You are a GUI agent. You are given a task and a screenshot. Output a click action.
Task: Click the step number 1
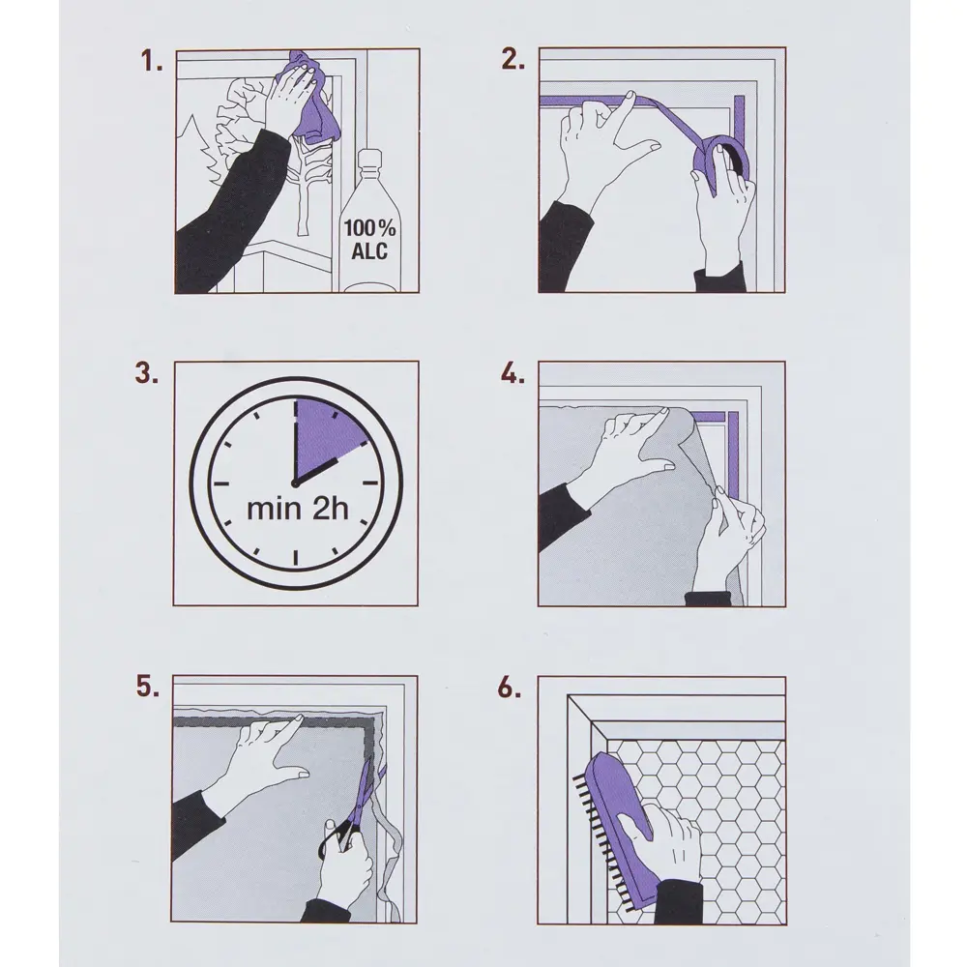pos(151,61)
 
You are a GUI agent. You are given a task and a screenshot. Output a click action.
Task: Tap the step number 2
pos(513,59)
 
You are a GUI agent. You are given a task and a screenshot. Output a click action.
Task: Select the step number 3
pos(147,373)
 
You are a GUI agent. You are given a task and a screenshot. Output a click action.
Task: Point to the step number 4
pos(513,373)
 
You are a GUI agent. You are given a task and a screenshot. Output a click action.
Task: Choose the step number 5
pos(147,687)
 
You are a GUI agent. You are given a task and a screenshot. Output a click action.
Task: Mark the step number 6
pos(510,688)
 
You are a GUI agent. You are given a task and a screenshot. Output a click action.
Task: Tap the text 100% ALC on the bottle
pos(369,239)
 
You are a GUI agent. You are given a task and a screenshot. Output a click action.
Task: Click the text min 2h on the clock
pos(297,510)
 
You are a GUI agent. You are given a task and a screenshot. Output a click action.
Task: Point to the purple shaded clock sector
pos(325,436)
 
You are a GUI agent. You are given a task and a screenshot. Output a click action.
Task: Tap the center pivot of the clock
pos(295,484)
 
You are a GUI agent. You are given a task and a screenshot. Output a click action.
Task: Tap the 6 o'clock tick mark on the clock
pos(296,558)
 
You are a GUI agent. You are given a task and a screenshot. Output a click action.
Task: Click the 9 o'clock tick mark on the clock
pos(221,483)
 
